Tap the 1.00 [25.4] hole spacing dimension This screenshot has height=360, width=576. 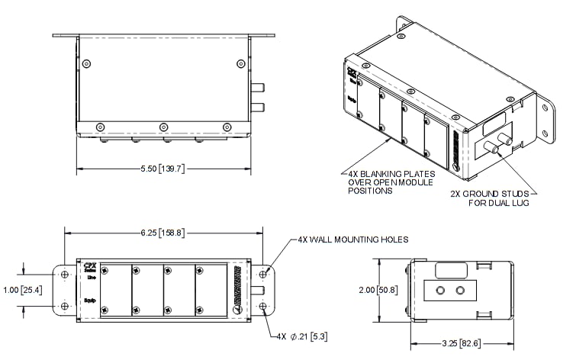pyautogui.click(x=23, y=290)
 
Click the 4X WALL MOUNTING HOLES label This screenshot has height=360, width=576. pyautogui.click(x=352, y=239)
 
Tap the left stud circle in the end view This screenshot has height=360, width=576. pyautogui.click(x=439, y=291)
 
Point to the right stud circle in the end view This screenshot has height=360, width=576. pyautogui.click(x=459, y=291)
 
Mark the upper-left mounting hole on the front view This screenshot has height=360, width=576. pyautogui.click(x=64, y=274)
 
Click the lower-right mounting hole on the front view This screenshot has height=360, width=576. pyautogui.click(x=263, y=307)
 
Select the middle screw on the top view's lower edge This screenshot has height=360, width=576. pyautogui.click(x=163, y=127)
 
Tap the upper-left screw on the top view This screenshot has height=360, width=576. pyautogui.click(x=89, y=63)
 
